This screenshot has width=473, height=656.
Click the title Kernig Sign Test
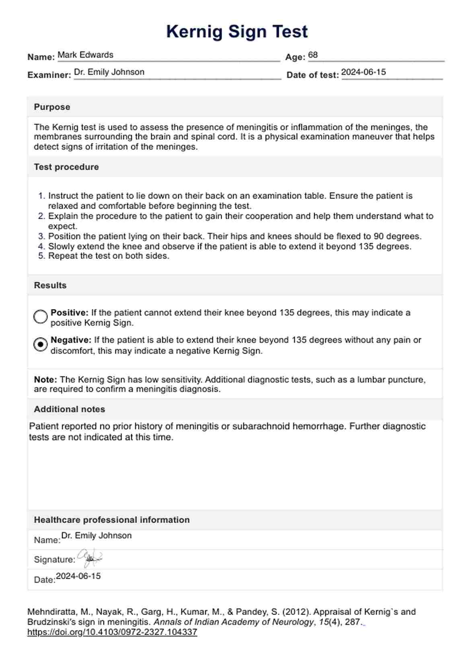(x=237, y=31)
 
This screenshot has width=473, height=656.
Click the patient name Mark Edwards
(x=85, y=55)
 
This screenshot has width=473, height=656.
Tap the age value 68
(x=313, y=55)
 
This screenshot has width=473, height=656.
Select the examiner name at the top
(x=109, y=72)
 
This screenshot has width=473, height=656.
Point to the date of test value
(x=363, y=72)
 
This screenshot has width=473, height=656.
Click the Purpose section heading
(x=52, y=107)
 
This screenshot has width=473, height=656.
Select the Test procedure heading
(x=66, y=167)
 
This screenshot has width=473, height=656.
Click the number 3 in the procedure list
(x=41, y=236)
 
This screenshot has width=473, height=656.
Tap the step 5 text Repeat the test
(x=109, y=256)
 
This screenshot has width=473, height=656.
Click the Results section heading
(x=50, y=285)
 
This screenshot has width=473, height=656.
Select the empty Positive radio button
(x=40, y=317)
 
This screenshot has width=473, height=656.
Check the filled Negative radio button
(x=40, y=345)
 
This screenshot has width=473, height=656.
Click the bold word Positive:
(x=69, y=313)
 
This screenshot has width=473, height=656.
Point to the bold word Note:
(x=45, y=380)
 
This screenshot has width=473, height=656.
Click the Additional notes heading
(x=69, y=409)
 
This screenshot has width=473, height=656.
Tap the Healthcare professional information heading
(x=111, y=520)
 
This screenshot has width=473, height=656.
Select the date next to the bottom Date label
(x=78, y=576)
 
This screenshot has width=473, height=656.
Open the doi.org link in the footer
(x=112, y=632)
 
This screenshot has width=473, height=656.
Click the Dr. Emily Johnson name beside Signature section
(x=96, y=536)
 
